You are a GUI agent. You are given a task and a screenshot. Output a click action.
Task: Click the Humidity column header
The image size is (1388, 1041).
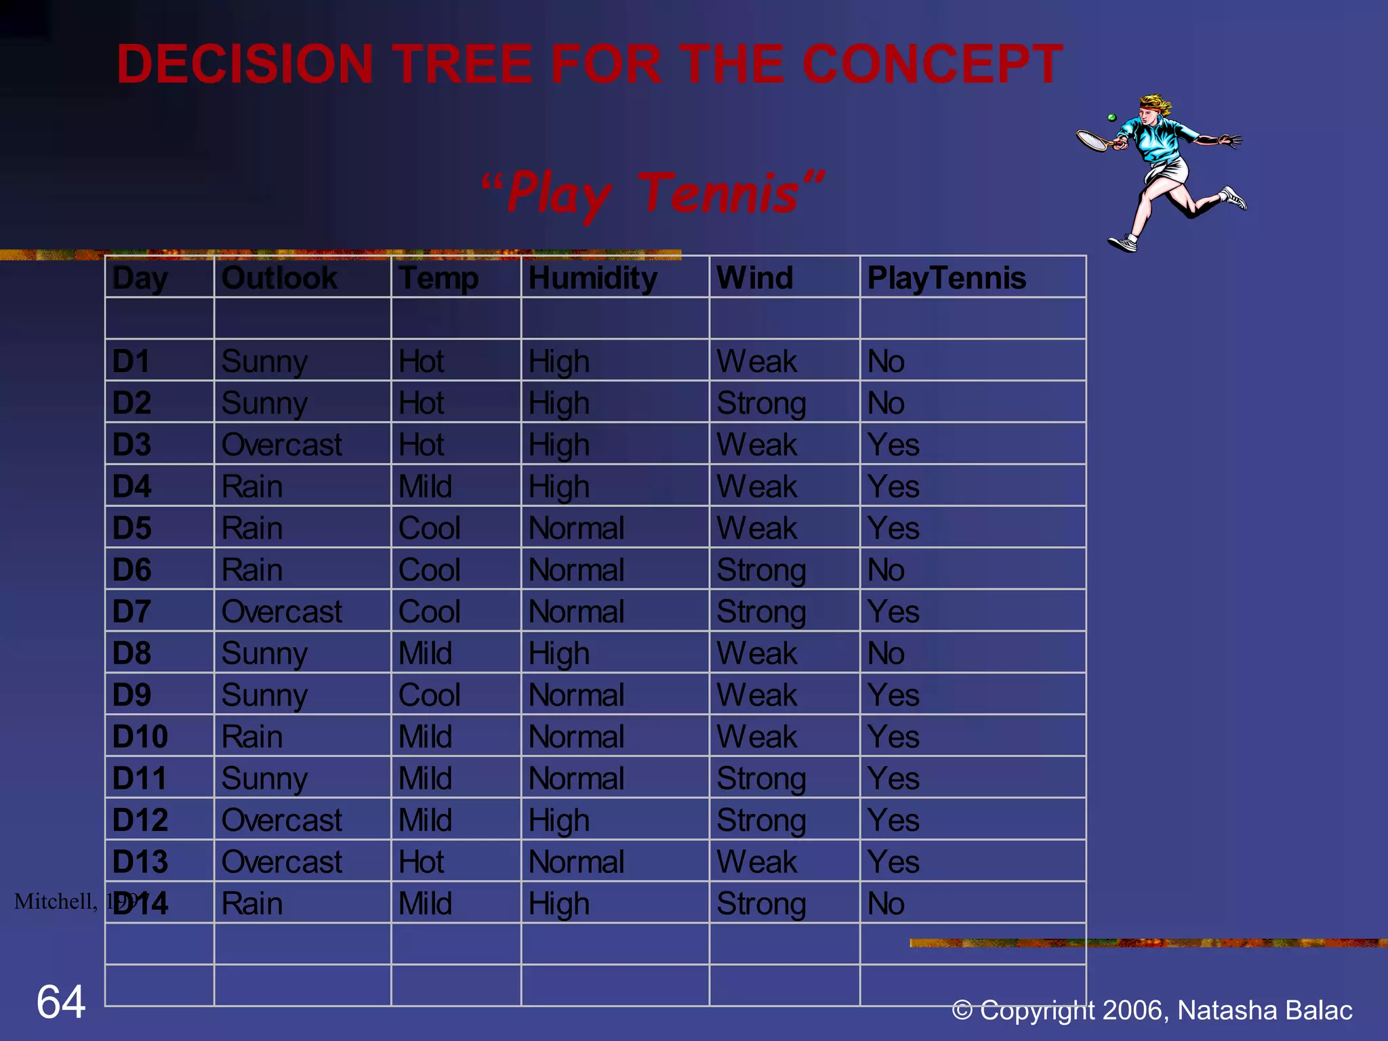tap(592, 278)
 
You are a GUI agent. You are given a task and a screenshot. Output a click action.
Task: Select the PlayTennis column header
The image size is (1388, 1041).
tap(946, 278)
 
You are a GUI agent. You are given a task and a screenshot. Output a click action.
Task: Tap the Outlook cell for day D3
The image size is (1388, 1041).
tap(281, 445)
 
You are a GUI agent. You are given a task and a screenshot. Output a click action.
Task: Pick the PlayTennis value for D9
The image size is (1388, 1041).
tap(893, 695)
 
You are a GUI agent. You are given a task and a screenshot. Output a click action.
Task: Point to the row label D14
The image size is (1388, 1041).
tap(140, 903)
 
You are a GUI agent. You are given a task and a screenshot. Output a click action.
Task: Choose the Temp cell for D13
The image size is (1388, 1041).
tap(421, 862)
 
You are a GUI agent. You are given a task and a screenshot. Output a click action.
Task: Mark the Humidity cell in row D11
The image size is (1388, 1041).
tap(576, 779)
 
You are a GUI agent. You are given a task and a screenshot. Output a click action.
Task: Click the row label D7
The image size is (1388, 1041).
tap(131, 612)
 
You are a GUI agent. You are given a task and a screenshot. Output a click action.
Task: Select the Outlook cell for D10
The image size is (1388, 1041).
tap(251, 737)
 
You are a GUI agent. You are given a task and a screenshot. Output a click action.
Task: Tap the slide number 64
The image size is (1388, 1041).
tap(61, 1002)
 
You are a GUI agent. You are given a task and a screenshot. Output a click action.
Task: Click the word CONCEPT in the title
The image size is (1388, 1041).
tap(933, 64)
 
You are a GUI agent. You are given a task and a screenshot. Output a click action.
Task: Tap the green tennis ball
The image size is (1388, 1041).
tap(1111, 118)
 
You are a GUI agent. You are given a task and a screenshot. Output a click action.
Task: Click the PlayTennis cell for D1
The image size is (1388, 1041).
tap(885, 362)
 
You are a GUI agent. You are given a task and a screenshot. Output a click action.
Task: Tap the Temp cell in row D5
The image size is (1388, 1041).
tap(429, 529)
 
